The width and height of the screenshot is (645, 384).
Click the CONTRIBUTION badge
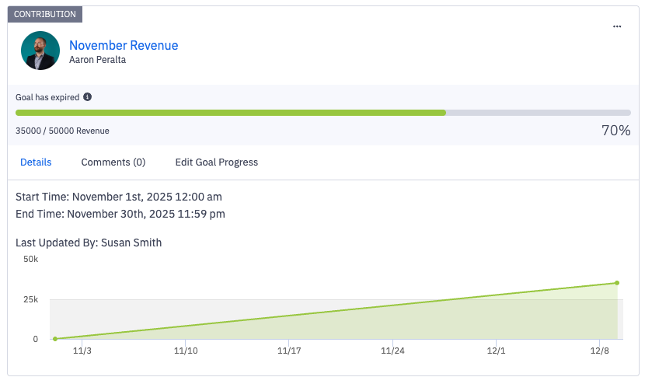45,14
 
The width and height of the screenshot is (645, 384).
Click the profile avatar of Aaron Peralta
40,51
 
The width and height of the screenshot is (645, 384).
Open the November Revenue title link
124,45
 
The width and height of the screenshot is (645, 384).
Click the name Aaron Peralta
97,59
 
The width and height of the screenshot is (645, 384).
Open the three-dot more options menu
617,26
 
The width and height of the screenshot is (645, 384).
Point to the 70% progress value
615,131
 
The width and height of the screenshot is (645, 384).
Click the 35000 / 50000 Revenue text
62,131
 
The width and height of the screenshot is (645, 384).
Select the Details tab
36,162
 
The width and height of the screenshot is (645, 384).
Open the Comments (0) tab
113,162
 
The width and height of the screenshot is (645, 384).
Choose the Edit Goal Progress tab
216,162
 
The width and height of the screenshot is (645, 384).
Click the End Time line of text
120,214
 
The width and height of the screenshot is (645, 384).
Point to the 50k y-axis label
31,259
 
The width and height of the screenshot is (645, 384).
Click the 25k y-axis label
31,299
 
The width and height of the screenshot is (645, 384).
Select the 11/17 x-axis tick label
288,351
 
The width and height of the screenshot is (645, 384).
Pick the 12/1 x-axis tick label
496,351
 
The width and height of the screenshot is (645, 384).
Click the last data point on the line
617,283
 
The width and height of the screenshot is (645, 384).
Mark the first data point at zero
55,339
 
